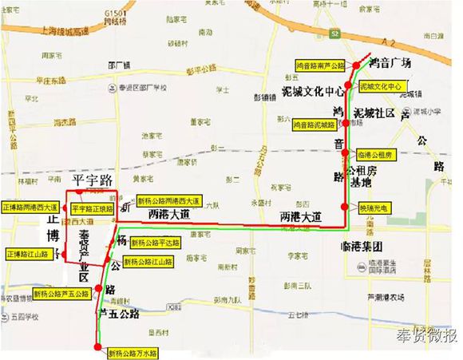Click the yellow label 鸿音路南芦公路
320,65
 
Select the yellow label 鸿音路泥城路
315,125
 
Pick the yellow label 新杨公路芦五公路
59,293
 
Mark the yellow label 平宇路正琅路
92,208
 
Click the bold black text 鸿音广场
390,63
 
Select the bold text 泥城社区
374,114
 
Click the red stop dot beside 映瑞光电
344,207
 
